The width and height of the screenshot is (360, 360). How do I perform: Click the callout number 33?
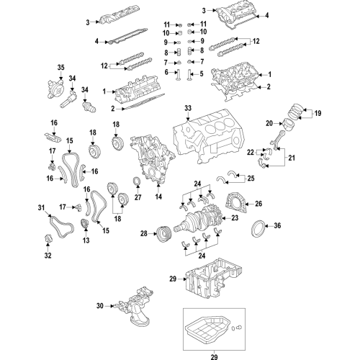point(188,108)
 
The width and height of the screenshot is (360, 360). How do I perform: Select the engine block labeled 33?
point(208,136)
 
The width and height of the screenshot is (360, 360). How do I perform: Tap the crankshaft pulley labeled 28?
point(163,233)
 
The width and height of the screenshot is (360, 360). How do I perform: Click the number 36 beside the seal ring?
point(277,225)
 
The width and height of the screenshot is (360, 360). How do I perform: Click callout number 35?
point(61,68)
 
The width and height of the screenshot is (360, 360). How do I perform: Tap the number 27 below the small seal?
point(138,197)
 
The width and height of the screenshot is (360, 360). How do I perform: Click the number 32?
point(48,256)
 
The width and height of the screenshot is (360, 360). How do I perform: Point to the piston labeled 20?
point(289,124)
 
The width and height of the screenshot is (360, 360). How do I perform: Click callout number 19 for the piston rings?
point(318,113)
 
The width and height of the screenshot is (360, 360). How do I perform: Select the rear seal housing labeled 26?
point(235,203)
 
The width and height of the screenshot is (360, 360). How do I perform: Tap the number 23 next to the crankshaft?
point(235,218)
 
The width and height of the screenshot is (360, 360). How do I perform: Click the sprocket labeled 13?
point(85,224)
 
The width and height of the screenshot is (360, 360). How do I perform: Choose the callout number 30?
point(100,306)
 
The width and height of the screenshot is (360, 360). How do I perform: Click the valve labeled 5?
point(189,75)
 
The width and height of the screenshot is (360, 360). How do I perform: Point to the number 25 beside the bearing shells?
point(251,179)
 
